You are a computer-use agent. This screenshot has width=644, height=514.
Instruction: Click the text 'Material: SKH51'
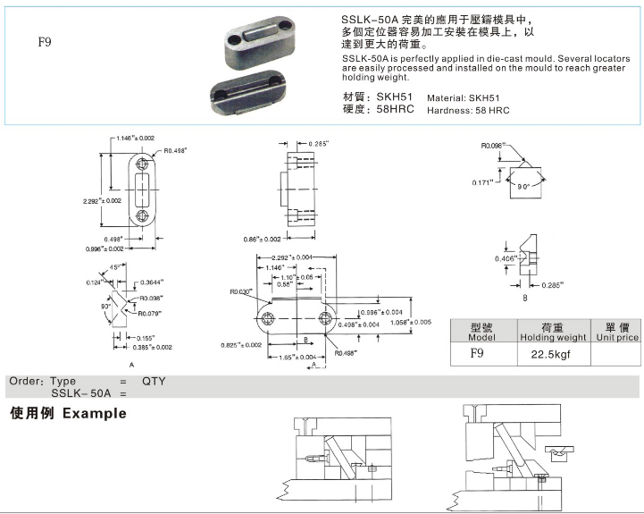pyautogui.click(x=463, y=98)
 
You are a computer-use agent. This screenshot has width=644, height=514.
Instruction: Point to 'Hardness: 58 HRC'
pyautogui.click(x=467, y=110)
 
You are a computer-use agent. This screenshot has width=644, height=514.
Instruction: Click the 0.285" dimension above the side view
pyautogui.click(x=318, y=144)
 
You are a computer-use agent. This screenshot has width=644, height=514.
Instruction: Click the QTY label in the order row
pyautogui.click(x=154, y=381)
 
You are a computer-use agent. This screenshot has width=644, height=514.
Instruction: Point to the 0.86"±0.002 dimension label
pyautogui.click(x=262, y=240)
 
